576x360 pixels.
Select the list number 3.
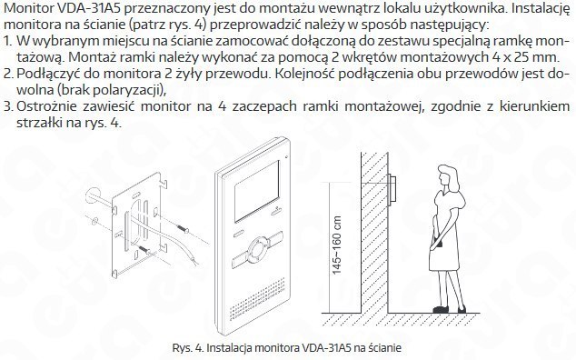point(8,106)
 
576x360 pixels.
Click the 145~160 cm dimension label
point(336,245)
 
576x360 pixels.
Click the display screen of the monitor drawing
point(255,193)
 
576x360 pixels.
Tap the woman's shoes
point(450,309)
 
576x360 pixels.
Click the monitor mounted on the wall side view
point(392,188)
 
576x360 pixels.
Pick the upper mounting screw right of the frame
point(183,229)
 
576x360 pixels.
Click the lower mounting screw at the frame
point(144,249)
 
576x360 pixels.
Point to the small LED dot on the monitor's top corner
point(284,157)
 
